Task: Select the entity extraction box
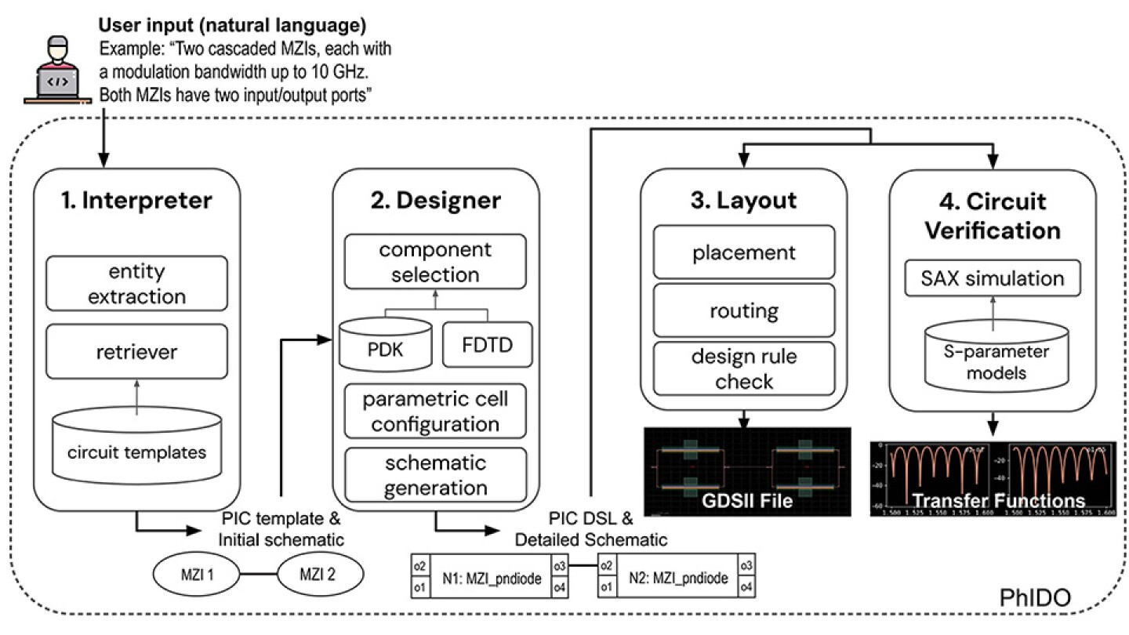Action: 137,285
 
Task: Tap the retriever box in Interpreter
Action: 137,353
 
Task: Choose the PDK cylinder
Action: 384,343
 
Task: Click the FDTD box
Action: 486,343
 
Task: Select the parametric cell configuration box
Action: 435,412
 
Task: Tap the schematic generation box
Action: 435,475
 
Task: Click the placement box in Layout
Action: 744,253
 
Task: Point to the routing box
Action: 744,311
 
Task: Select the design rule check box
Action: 744,369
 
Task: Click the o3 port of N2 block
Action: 747,566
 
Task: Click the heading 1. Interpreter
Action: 137,201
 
